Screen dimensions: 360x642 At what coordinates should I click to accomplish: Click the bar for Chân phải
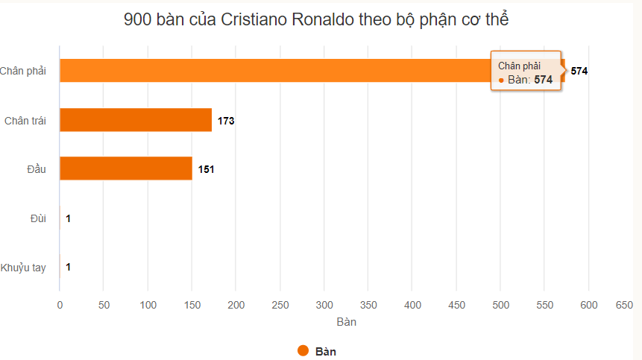pos(268,71)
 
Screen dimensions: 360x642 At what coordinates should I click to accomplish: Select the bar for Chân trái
pos(136,120)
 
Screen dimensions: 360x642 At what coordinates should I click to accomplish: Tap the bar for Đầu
pos(125,168)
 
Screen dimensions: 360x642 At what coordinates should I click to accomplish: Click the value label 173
pos(226,121)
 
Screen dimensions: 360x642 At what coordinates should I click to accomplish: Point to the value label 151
pos(207,169)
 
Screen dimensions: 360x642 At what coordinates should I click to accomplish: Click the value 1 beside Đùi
pos(68,218)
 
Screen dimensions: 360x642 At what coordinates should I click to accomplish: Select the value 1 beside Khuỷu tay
pos(68,267)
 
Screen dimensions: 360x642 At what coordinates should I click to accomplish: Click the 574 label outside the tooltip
pos(579,72)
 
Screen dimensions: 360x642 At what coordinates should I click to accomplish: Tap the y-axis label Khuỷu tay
pos(23,268)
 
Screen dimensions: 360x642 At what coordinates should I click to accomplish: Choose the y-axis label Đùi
pos(38,218)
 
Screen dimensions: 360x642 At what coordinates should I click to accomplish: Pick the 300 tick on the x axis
pos(324,305)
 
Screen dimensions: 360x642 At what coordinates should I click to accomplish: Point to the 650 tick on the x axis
pos(624,305)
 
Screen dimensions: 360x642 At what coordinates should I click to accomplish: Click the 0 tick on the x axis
pos(60,305)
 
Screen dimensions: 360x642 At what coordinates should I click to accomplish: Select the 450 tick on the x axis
pos(456,305)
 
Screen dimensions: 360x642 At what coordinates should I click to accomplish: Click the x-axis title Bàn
pos(346,322)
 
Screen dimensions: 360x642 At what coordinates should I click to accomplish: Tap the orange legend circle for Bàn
pos(303,351)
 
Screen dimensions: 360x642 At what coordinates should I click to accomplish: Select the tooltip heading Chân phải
pos(519,66)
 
